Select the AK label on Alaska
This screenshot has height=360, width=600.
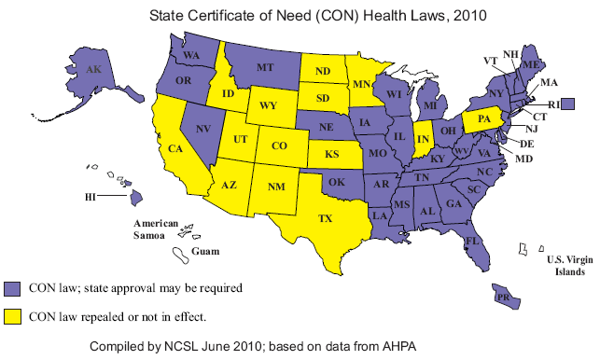pos(93,69)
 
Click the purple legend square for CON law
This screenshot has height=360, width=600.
pos(12,288)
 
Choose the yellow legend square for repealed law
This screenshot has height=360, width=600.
pos(12,316)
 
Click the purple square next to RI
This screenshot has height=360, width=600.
pos(580,103)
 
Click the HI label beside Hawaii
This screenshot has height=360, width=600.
pos(90,197)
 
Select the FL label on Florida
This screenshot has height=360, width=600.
pos(472,242)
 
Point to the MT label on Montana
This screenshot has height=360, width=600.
pos(264,68)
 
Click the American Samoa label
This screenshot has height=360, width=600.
pos(156,229)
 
